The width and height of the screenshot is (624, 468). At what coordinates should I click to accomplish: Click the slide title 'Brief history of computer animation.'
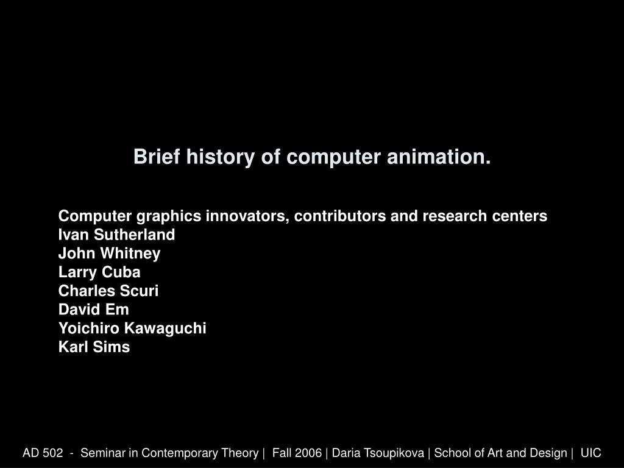[312, 157]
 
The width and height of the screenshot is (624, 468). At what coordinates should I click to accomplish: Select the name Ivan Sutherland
[116, 235]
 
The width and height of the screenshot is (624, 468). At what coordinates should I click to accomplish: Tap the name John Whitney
[109, 253]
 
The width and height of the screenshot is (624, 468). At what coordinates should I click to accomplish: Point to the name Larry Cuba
[99, 272]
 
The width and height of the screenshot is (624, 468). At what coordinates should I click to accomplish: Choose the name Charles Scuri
[108, 291]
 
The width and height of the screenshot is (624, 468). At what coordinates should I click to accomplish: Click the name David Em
[93, 310]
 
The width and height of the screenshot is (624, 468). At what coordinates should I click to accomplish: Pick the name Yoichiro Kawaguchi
[132, 328]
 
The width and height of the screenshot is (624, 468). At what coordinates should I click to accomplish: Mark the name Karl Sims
[94, 347]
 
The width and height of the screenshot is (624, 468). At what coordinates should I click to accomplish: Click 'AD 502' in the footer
[43, 453]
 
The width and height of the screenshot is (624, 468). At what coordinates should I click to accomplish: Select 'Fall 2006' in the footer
[297, 453]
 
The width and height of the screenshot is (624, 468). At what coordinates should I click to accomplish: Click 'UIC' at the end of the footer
[590, 453]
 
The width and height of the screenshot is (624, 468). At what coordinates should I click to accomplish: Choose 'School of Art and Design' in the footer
[500, 453]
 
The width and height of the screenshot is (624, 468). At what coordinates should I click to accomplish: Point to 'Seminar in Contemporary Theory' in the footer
[169, 453]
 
